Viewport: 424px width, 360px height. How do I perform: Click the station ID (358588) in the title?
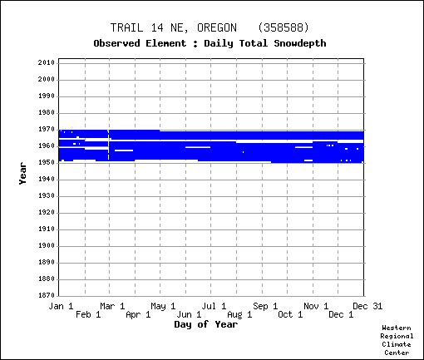(x=283, y=27)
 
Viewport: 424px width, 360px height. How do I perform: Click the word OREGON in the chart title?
(x=217, y=27)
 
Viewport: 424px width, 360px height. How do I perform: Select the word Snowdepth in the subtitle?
(x=300, y=43)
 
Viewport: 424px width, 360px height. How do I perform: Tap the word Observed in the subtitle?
(x=116, y=43)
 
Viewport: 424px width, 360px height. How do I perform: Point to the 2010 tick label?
(x=47, y=62)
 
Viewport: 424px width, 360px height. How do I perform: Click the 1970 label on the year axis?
(x=47, y=130)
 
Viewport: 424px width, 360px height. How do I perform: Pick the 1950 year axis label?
(x=47, y=163)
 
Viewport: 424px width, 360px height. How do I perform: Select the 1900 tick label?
(x=47, y=246)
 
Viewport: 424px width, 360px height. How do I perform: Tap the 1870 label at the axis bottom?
(x=47, y=295)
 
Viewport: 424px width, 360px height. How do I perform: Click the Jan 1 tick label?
(x=61, y=306)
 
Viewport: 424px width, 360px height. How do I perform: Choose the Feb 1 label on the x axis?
(x=88, y=314)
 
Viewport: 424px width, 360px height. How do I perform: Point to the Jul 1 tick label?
(x=214, y=306)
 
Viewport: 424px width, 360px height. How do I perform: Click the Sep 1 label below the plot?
(x=265, y=306)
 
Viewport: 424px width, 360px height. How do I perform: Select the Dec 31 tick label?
(x=367, y=306)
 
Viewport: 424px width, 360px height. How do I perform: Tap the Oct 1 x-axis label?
(x=290, y=314)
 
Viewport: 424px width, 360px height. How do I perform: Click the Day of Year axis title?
(x=206, y=324)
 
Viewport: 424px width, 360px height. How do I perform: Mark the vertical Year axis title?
(x=22, y=174)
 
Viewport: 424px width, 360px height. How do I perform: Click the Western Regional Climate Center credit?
(x=397, y=340)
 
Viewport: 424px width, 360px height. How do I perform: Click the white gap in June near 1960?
(x=198, y=147)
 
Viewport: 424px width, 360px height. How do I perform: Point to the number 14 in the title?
(x=157, y=27)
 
